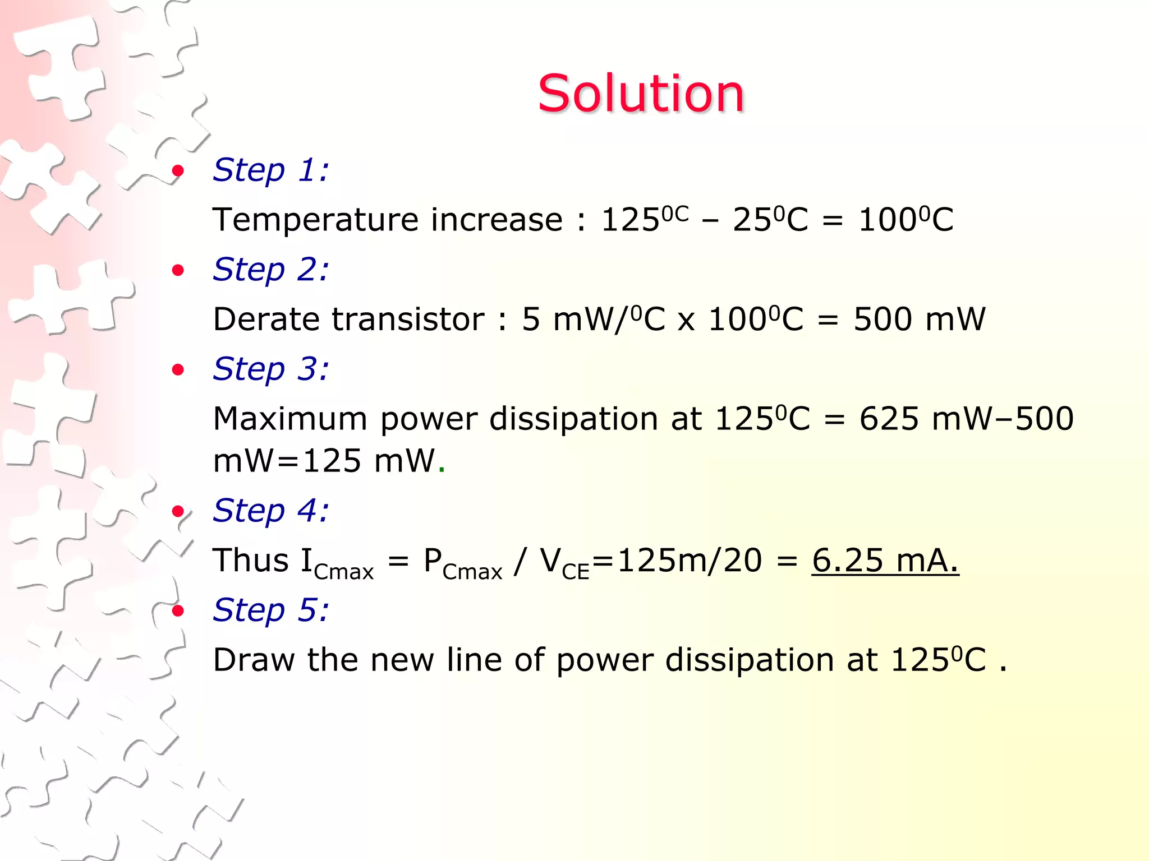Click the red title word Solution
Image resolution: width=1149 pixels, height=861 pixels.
tap(641, 93)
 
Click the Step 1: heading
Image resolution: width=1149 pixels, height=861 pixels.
tap(271, 170)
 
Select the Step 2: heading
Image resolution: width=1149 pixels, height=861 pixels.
tap(271, 270)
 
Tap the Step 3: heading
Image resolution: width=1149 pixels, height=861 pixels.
tap(271, 369)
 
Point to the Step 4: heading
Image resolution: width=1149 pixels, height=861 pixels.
tap(271, 511)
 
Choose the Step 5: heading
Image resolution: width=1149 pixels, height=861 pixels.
tap(271, 610)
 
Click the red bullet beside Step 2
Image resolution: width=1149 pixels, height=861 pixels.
tap(178, 271)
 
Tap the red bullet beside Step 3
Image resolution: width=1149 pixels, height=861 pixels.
tap(178, 370)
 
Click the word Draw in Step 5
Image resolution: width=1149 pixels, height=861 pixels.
tap(254, 660)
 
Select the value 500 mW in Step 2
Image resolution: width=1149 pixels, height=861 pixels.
tap(919, 320)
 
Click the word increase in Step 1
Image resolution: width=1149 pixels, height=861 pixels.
tap(497, 220)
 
